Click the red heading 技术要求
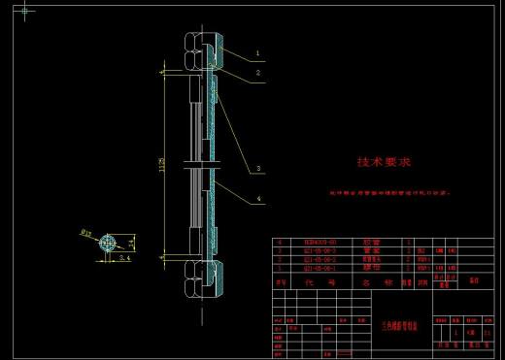[385, 162]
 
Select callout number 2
[258, 72]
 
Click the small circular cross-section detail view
[105, 243]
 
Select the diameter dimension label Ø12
[85, 234]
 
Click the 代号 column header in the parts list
[310, 283]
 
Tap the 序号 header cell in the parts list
[281, 283]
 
